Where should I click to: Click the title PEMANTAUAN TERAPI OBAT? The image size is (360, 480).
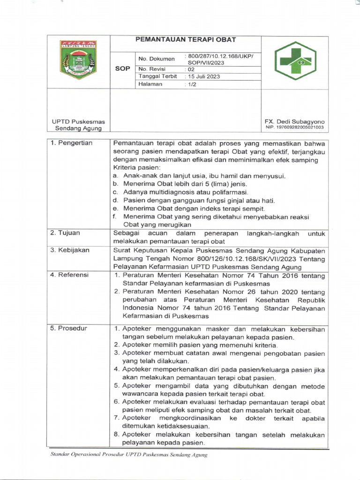click(x=186, y=40)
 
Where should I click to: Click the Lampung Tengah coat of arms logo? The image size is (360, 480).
click(x=79, y=60)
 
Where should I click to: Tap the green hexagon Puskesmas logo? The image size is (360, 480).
click(x=295, y=61)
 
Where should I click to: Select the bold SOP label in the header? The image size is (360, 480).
click(x=122, y=68)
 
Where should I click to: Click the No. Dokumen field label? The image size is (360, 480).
click(x=156, y=59)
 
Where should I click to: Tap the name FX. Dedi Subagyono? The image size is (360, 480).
click(x=294, y=121)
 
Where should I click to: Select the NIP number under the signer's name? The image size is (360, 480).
click(x=294, y=127)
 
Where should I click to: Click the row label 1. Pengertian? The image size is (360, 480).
click(x=71, y=143)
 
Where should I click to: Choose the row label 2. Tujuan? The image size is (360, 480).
click(x=65, y=233)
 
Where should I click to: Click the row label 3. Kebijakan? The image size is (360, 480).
click(x=70, y=250)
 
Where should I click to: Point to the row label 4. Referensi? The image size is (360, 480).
click(x=69, y=275)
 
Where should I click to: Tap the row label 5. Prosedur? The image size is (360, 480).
click(x=68, y=328)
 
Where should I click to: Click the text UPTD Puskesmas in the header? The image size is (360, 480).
click(x=78, y=122)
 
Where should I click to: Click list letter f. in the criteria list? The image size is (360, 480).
click(x=114, y=217)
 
